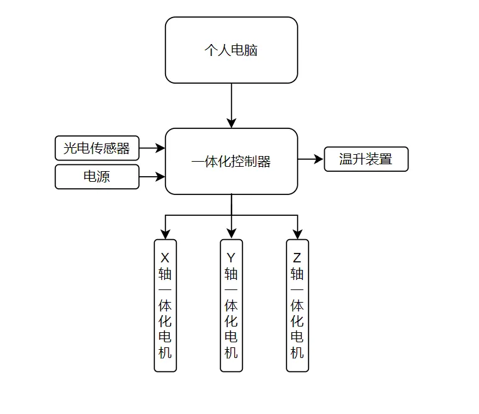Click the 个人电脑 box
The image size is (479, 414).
(x=231, y=50)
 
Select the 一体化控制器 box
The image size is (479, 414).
(x=231, y=161)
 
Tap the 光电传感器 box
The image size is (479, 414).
(x=97, y=148)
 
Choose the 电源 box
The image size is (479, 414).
(x=97, y=177)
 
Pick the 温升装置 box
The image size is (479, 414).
(x=366, y=159)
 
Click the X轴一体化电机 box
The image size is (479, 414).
(x=166, y=306)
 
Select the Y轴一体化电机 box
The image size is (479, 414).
(x=231, y=306)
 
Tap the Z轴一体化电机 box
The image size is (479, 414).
(x=297, y=306)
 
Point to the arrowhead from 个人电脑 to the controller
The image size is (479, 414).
(x=231, y=123)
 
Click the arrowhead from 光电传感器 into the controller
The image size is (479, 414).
(x=161, y=148)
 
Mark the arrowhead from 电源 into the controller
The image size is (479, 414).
(x=161, y=177)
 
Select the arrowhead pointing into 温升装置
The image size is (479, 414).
(x=319, y=159)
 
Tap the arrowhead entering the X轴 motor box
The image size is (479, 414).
(x=166, y=235)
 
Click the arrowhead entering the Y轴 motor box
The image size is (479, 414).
(x=231, y=235)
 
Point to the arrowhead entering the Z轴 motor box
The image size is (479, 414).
(x=297, y=235)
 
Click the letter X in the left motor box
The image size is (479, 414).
(x=165, y=258)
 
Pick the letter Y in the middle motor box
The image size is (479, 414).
(x=231, y=258)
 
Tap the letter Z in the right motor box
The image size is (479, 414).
(x=297, y=258)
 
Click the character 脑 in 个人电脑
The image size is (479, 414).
(x=251, y=50)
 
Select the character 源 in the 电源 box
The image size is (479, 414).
(x=103, y=177)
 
